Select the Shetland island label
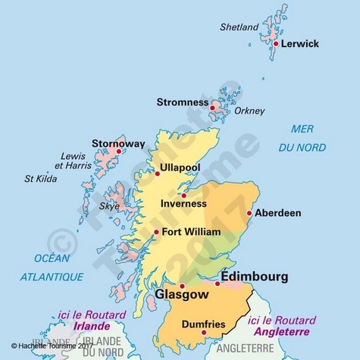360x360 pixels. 239,27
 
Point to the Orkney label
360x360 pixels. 249,111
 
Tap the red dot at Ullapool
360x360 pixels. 158,174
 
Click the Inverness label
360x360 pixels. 184,204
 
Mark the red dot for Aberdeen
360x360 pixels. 249,213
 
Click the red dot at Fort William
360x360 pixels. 157,232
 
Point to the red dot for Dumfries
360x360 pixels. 204,331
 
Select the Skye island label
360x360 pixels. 110,206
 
